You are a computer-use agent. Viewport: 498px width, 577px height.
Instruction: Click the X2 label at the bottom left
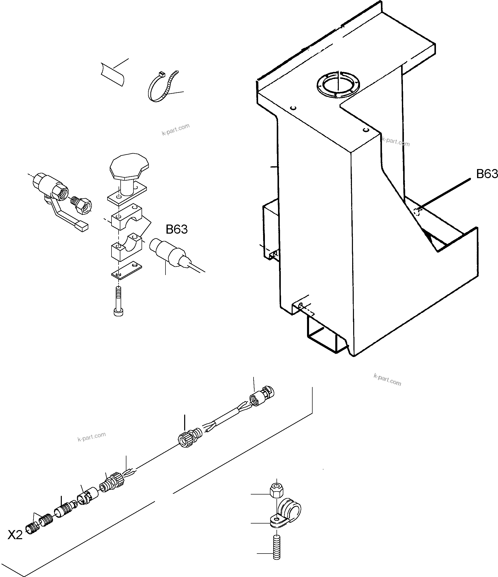(x=15, y=535)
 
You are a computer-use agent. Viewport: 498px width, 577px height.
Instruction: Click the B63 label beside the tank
(x=487, y=174)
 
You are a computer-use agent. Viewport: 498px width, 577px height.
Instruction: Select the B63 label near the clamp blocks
(x=177, y=230)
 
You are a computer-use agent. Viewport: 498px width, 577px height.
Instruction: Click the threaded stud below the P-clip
(x=276, y=548)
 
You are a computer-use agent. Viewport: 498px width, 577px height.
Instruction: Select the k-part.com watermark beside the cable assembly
(x=92, y=437)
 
